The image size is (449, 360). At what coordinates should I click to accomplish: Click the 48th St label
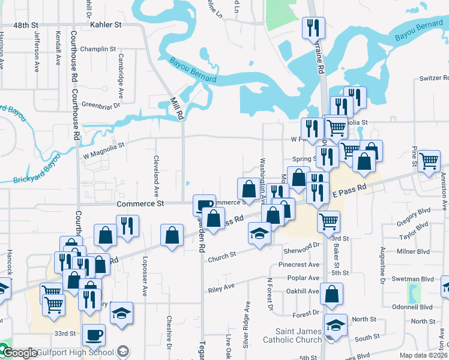[x=26, y=25]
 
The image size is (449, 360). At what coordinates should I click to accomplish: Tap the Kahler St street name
[x=106, y=25]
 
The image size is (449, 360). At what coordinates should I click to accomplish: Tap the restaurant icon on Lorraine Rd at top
[x=313, y=28]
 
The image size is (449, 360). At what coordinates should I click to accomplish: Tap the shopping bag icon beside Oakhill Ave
[x=331, y=294]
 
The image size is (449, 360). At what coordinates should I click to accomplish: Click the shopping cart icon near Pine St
[x=429, y=161]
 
